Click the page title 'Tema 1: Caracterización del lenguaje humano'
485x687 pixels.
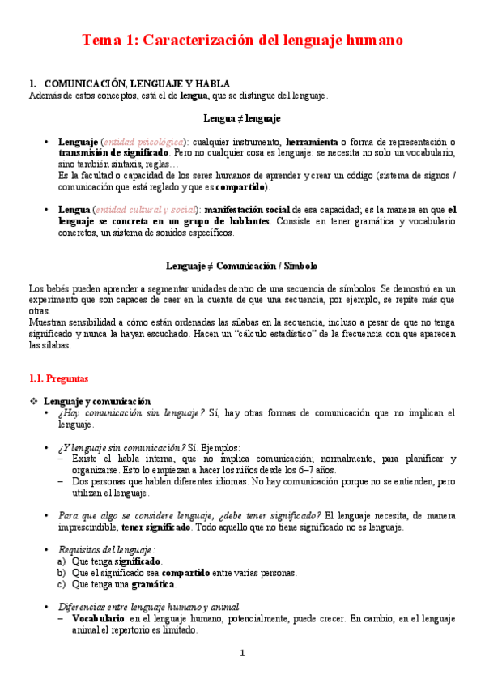click(243, 40)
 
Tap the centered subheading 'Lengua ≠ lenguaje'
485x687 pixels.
click(242, 118)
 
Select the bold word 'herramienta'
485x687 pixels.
click(313, 141)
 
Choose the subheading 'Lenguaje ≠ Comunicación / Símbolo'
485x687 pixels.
click(242, 266)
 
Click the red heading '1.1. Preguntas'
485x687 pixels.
click(59, 378)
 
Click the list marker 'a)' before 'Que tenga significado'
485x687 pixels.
click(62, 561)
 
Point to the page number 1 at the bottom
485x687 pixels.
click(242, 654)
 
